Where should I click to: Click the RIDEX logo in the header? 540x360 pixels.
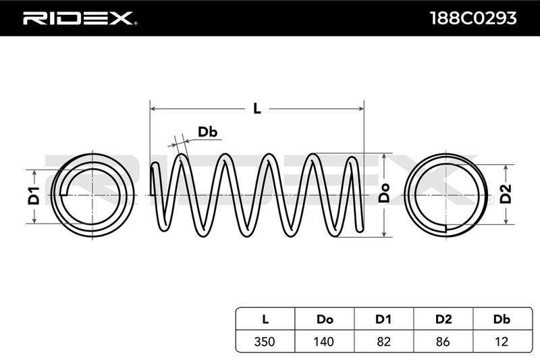[x=79, y=18]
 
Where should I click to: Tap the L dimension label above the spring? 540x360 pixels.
[x=256, y=108]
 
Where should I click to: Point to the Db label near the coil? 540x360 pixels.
[x=207, y=132]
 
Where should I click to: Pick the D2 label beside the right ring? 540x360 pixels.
[x=506, y=195]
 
